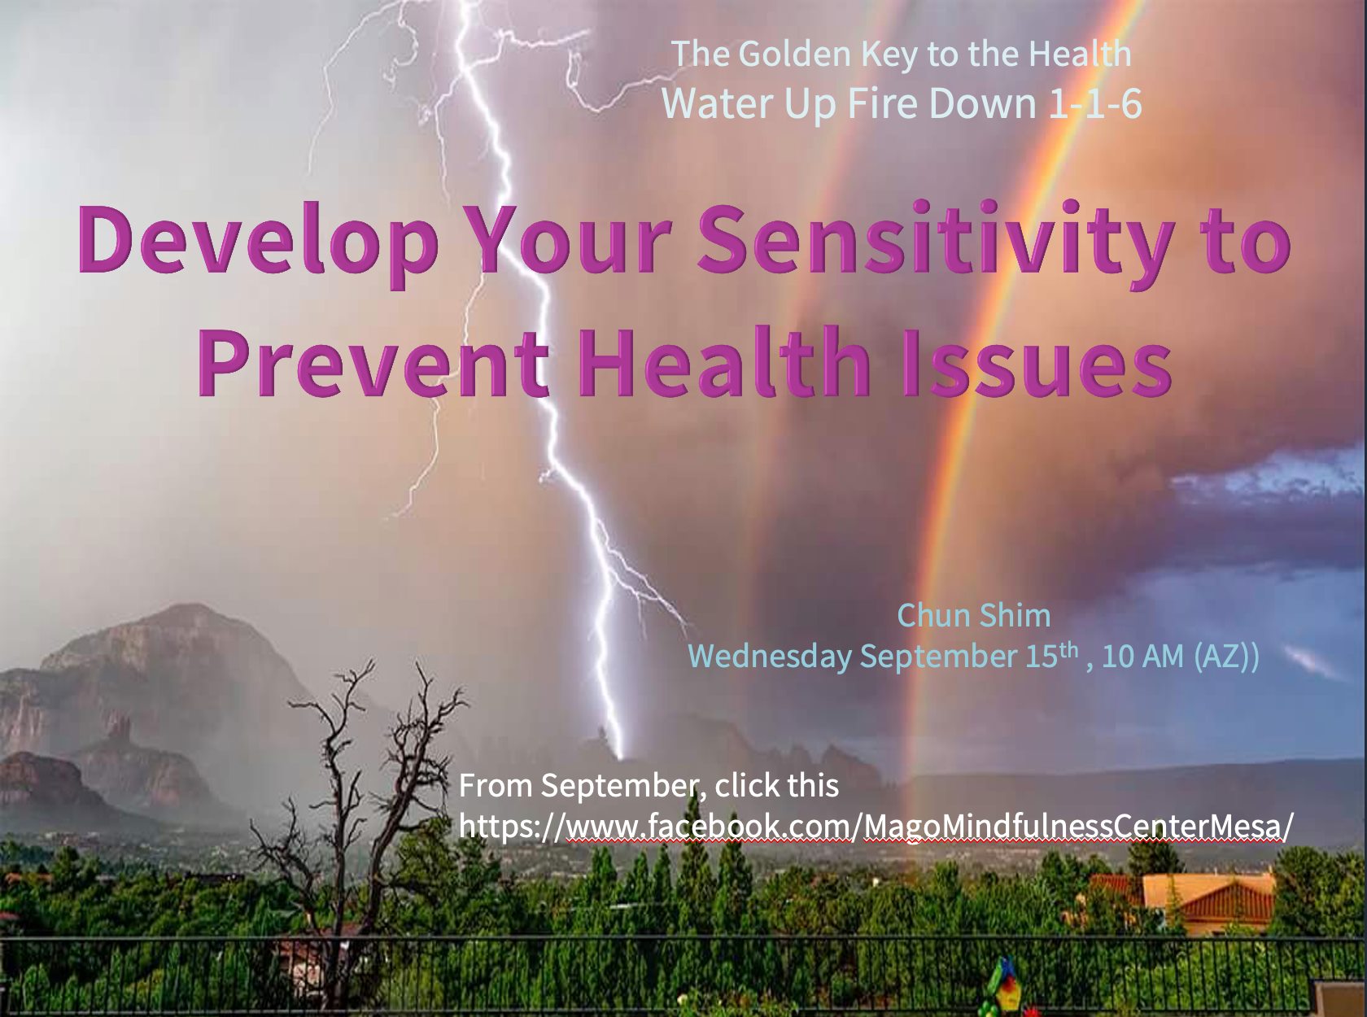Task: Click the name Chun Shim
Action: tap(974, 615)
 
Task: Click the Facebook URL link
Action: tap(876, 827)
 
